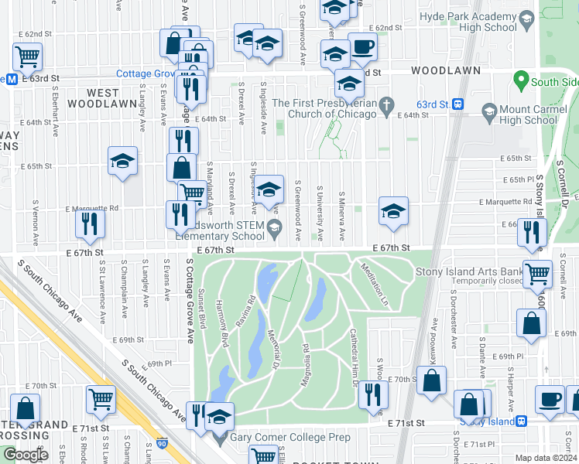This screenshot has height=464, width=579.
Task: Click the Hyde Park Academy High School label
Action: (x=468, y=22)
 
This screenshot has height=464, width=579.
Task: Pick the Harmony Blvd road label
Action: (x=221, y=325)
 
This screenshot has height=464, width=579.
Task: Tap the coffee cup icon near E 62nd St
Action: (x=361, y=47)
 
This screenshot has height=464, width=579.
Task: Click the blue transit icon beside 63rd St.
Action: (x=458, y=104)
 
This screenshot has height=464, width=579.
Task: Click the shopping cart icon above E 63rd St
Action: (x=27, y=56)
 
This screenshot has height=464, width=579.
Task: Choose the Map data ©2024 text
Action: (x=546, y=457)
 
